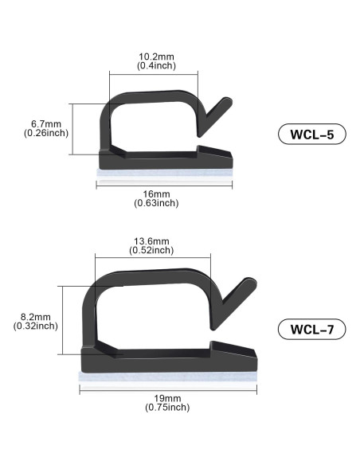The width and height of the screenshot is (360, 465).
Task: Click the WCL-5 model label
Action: click(312, 135)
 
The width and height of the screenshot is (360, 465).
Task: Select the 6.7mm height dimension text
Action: click(45, 123)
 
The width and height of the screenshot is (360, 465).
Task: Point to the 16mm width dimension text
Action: click(157, 194)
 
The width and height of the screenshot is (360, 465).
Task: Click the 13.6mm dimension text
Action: click(151, 241)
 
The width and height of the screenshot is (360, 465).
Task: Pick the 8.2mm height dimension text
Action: click(36, 316)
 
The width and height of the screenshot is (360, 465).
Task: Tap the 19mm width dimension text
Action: click(167, 398)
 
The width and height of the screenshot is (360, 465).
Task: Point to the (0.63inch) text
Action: click(157, 203)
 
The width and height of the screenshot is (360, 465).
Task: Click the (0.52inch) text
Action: click(151, 250)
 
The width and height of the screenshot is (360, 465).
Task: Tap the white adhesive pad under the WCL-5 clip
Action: click(164, 171)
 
